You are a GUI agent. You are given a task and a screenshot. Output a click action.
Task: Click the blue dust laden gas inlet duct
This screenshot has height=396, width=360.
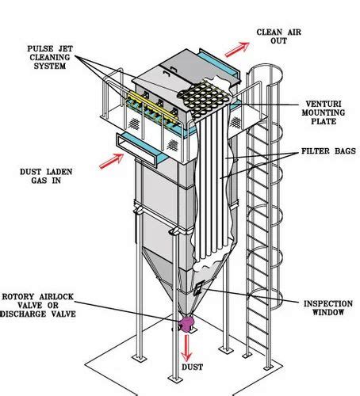(139, 143)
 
